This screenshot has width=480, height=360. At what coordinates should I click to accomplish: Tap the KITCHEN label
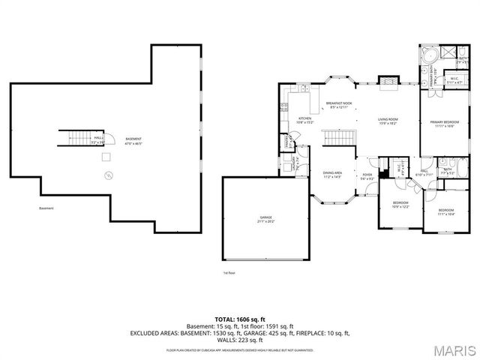(x=305, y=120)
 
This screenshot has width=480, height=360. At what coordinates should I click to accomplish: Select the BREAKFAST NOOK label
(x=339, y=106)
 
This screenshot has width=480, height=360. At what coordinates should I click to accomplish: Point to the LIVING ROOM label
(x=387, y=120)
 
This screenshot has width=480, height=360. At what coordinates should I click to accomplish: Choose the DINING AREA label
(x=332, y=175)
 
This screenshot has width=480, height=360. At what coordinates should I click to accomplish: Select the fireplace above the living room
(x=387, y=81)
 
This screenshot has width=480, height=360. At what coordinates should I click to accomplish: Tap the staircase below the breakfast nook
(x=339, y=138)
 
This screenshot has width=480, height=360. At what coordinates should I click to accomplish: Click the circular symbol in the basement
(x=109, y=175)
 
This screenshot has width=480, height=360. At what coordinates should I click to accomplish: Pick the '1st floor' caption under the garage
(x=229, y=273)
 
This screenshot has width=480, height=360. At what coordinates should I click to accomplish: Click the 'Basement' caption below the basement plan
(x=47, y=208)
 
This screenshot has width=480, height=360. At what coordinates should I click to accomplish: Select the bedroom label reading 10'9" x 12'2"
(x=401, y=204)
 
